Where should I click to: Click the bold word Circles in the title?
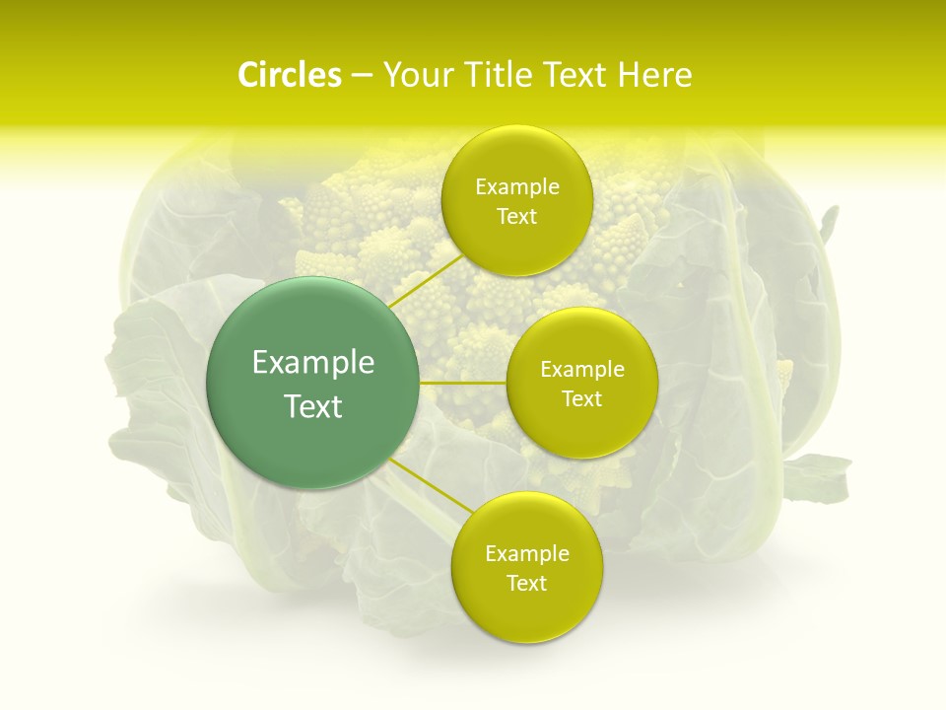289,75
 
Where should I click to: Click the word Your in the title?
416,75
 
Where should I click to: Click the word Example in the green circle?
313,363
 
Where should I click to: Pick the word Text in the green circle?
313,406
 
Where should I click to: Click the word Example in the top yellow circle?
516,187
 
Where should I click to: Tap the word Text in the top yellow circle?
516,217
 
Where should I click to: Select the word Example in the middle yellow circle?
581,370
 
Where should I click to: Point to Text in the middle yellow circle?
581,399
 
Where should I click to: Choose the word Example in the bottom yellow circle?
526,554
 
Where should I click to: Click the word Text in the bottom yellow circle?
526,584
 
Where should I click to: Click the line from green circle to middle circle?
463,383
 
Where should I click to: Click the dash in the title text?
361,76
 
